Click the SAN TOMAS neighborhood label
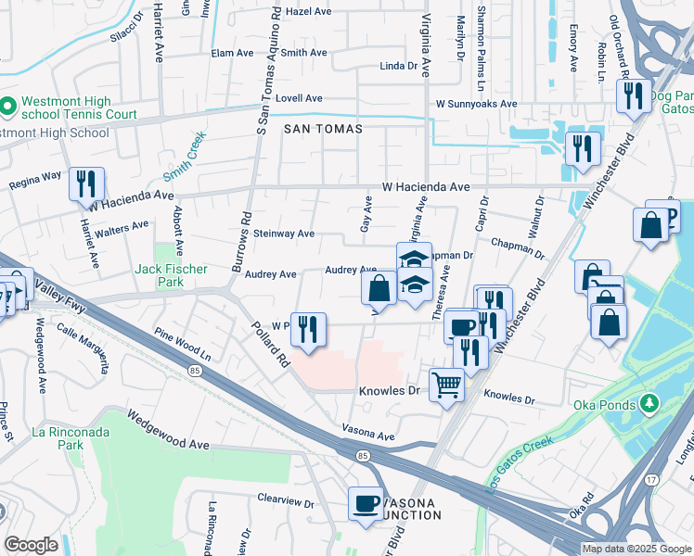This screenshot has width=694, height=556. coord(323,129)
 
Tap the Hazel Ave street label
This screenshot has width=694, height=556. coord(309,12)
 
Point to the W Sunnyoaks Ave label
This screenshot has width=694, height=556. coord(476,104)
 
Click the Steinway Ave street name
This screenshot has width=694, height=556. coord(284,234)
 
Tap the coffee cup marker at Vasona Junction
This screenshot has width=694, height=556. coord(366,503)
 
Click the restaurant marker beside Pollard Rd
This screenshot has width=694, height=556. coord(307,329)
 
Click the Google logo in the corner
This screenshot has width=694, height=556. coord(31,545)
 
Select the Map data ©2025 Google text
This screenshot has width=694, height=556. coord(636,549)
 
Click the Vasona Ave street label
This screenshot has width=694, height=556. coord(368,430)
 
